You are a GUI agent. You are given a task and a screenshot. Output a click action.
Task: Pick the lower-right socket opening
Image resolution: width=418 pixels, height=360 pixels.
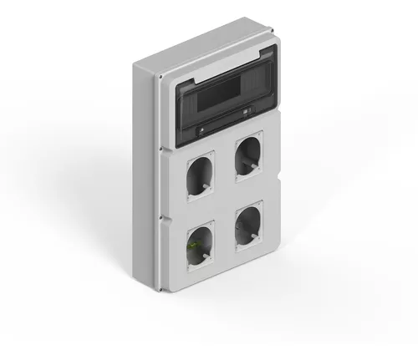coord(249,224)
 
